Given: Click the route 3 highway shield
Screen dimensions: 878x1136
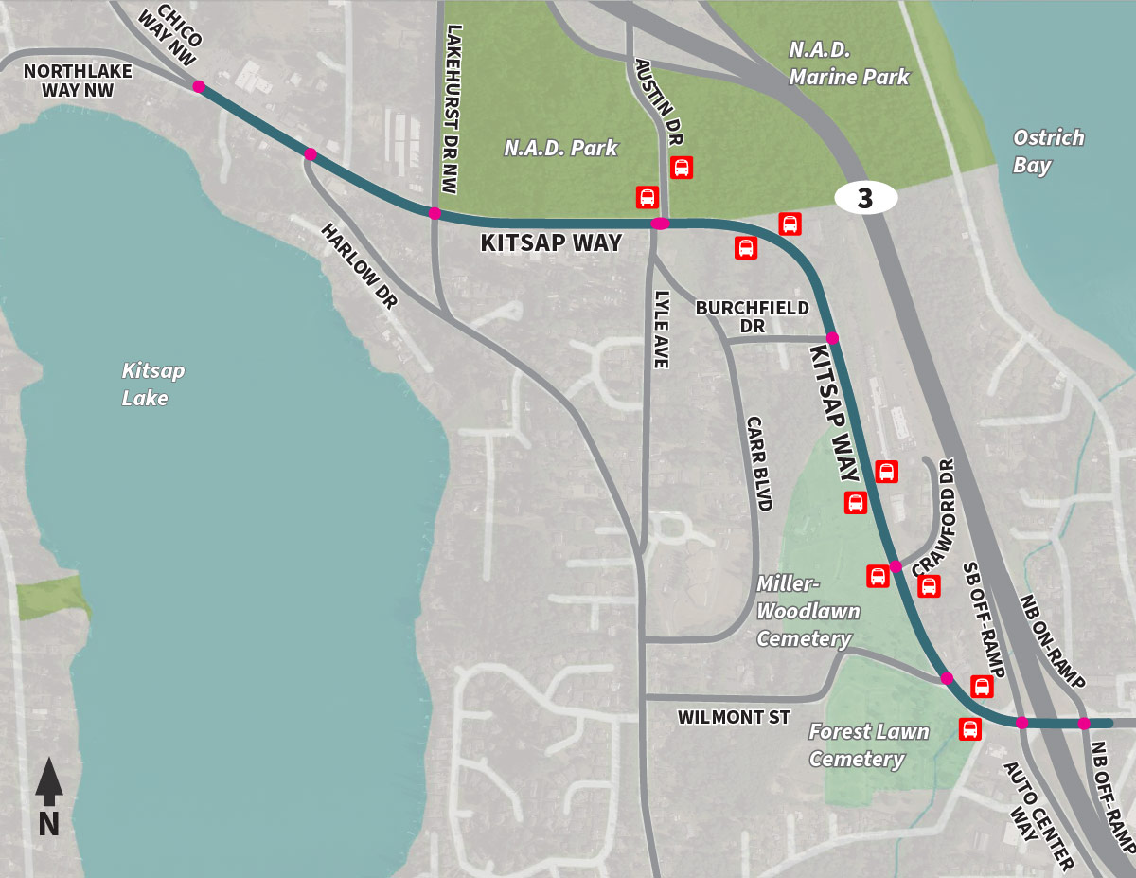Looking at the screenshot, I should click(x=865, y=198).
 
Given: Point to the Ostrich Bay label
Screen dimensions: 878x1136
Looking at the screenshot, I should click(x=1048, y=152).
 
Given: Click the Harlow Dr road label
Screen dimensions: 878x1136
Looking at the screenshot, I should click(x=359, y=266).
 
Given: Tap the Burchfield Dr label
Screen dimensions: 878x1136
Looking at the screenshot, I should click(x=752, y=316).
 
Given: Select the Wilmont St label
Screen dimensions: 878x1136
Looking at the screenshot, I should click(x=734, y=718).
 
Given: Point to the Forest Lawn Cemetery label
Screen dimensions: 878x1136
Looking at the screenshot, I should click(x=868, y=744).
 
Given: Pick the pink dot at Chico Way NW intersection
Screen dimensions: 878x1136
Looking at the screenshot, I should click(x=199, y=86).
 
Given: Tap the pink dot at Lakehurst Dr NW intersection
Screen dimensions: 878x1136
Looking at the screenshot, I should click(x=435, y=213).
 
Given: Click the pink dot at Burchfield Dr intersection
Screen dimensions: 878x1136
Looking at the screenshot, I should click(x=832, y=338).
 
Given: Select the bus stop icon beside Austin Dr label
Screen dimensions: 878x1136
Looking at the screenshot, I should click(x=681, y=168).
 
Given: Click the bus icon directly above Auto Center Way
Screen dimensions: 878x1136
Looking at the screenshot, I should click(x=969, y=729).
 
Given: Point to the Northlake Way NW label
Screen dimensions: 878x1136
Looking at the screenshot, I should click(x=68, y=81).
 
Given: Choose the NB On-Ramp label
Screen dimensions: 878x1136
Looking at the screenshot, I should click(x=1052, y=638).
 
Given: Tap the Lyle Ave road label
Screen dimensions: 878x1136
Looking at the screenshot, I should click(x=661, y=328).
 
